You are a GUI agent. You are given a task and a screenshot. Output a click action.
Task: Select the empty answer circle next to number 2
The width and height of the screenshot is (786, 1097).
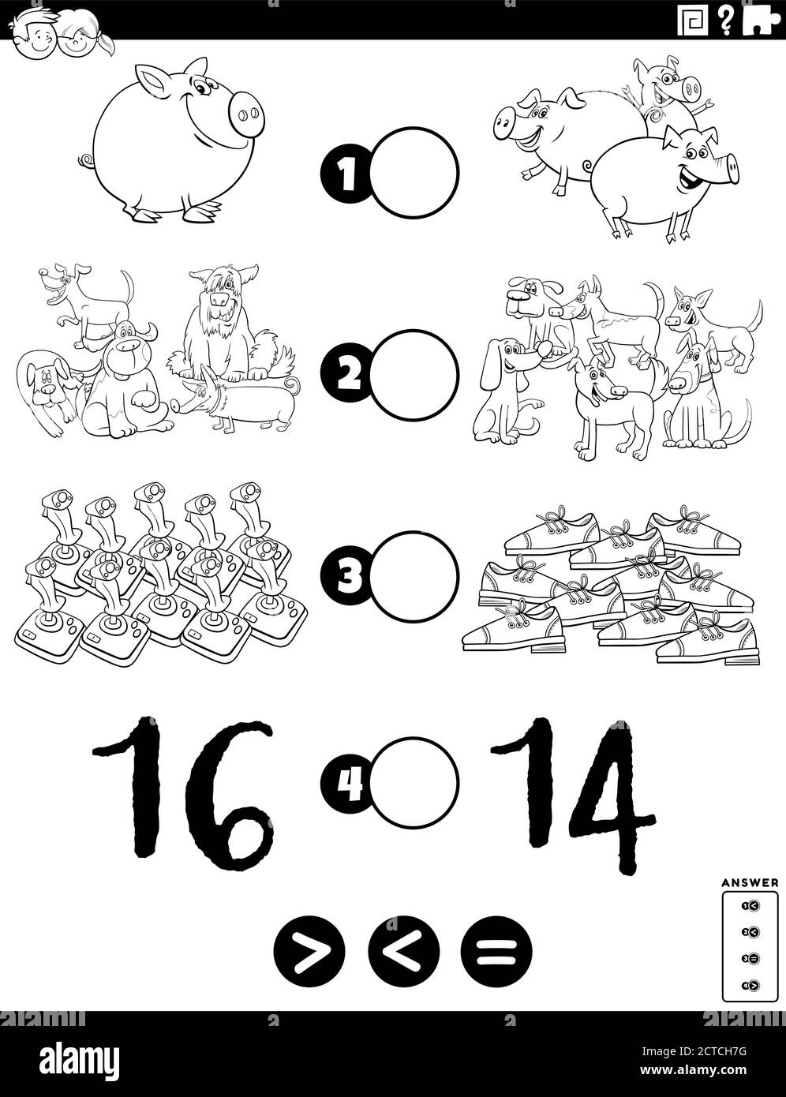pyautogui.click(x=415, y=371)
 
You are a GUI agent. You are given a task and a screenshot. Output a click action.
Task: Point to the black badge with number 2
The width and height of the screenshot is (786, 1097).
pyautogui.click(x=344, y=372)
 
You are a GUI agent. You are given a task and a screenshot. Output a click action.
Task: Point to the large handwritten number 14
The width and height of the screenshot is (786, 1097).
pyautogui.click(x=568, y=789)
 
